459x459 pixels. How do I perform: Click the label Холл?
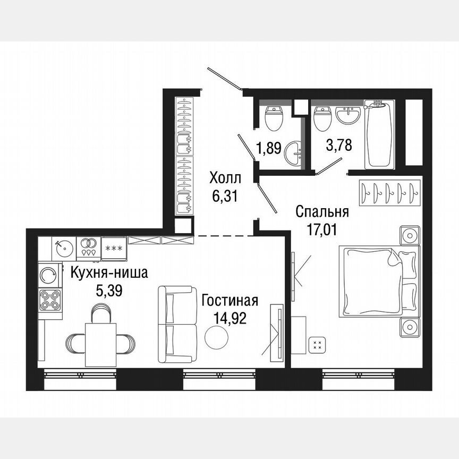pos(225,177)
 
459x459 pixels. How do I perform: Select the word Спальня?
pos(322,212)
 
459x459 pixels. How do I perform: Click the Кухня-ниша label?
pos(109,274)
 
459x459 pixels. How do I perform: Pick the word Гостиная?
pos(229,301)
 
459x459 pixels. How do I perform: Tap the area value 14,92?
pos(229,319)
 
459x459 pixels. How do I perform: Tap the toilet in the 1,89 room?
pos(274,118)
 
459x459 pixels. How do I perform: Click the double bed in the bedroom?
pos(377,280)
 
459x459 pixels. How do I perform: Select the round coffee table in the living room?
pos(216,337)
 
